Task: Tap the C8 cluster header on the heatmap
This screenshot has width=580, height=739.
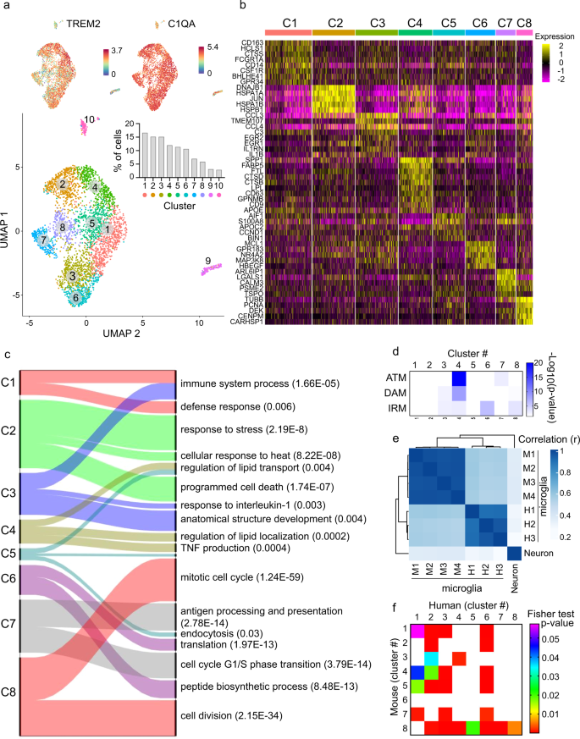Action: (526, 19)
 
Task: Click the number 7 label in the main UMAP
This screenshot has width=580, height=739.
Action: (42, 240)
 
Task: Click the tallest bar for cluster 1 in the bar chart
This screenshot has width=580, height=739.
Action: (145, 156)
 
